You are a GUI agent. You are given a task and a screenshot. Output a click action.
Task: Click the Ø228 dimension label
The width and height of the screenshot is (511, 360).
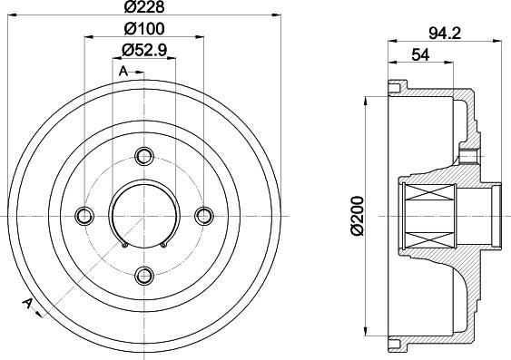tap(144, 7)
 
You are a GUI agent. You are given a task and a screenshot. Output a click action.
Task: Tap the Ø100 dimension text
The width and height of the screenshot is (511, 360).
tap(144, 29)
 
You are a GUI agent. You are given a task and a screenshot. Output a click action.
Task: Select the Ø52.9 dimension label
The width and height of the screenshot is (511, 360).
tap(144, 51)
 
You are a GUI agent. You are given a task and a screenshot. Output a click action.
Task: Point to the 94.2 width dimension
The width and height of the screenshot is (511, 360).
tap(445, 34)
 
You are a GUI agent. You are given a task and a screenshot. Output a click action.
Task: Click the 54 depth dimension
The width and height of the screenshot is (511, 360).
tap(420, 54)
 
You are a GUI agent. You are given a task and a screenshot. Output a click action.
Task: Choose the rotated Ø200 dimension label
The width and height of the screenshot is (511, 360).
tap(358, 216)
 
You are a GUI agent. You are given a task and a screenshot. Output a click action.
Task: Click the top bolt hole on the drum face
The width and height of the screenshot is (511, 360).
tap(144, 157)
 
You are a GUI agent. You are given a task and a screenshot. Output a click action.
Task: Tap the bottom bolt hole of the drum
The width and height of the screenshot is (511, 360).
tap(144, 276)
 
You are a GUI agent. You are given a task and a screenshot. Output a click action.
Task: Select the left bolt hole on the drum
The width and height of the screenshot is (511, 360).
tap(84, 216)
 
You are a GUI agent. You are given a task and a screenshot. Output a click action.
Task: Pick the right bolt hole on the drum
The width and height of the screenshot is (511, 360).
tap(204, 216)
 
